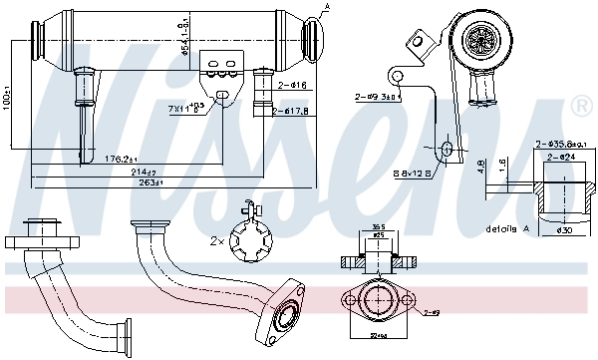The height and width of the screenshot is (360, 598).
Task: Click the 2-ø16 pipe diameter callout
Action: (290, 86)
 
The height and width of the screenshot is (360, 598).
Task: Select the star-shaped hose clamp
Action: (250, 239)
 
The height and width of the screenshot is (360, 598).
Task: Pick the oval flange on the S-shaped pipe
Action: (288, 313)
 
